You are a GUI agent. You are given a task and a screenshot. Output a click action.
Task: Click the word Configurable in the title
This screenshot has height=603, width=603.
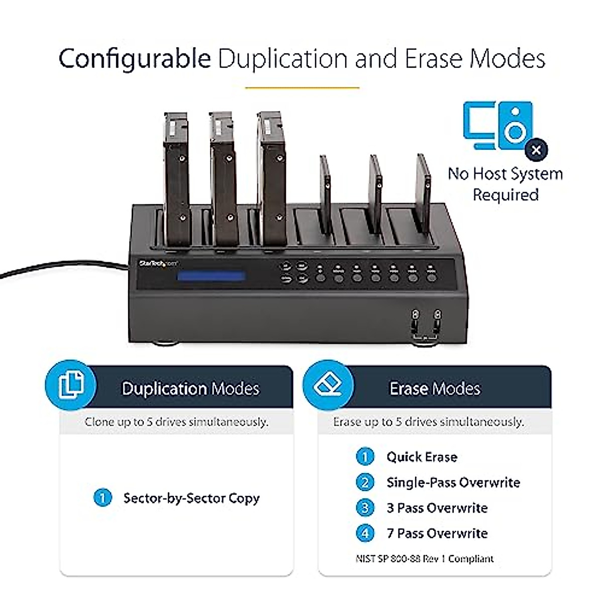(x=135, y=59)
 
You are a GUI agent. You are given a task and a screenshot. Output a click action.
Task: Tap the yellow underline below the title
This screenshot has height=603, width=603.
(x=302, y=87)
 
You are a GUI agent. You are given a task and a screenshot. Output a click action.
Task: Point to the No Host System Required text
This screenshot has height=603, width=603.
(x=505, y=184)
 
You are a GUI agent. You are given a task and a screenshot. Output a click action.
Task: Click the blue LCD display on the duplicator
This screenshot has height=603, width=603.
(x=212, y=276)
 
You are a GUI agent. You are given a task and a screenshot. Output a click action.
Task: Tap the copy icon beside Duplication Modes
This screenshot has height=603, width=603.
(x=71, y=385)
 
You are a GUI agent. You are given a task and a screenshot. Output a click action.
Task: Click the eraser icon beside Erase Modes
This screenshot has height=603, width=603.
(x=328, y=385)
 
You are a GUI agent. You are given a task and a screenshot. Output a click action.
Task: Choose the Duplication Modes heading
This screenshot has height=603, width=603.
(x=190, y=388)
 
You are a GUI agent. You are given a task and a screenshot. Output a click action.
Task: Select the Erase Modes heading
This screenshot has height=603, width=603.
(x=435, y=388)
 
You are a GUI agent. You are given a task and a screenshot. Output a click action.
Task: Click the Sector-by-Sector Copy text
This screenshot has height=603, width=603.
(x=191, y=498)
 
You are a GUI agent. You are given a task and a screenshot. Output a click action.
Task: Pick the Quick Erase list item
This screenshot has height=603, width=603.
(x=422, y=457)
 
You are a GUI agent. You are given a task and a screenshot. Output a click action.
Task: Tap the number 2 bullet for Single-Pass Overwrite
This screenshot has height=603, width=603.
(x=365, y=482)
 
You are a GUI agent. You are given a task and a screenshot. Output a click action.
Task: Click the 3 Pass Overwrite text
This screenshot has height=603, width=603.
(x=437, y=508)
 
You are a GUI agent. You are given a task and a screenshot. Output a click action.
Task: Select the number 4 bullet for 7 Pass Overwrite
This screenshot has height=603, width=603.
(x=365, y=533)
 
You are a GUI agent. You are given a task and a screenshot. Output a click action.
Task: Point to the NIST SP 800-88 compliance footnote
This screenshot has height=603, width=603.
(x=425, y=559)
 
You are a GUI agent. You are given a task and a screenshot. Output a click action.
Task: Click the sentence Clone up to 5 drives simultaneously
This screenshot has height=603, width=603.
(x=176, y=422)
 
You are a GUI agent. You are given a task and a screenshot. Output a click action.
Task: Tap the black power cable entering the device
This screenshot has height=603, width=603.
(x=60, y=269)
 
